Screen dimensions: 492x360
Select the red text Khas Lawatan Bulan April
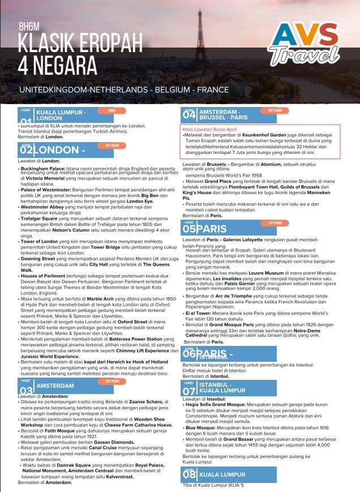(208, 130)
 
